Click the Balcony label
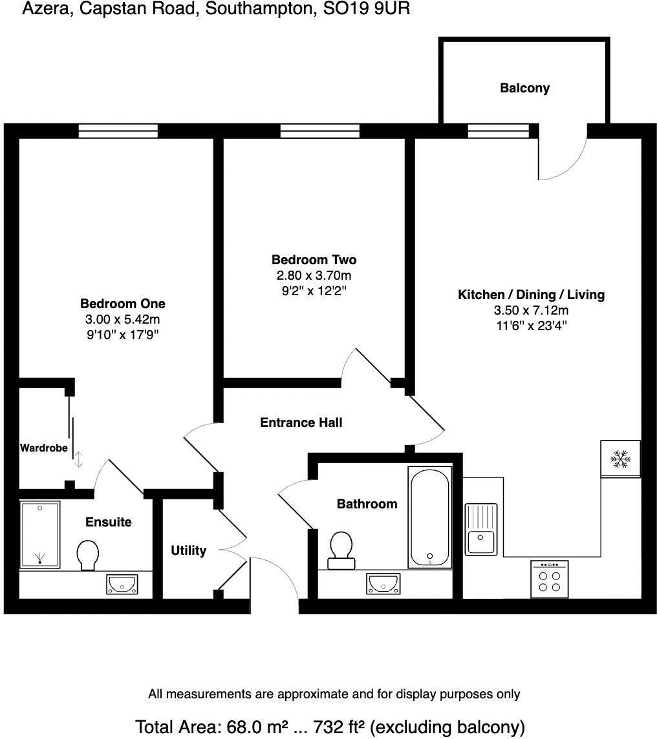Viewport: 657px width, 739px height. (524, 88)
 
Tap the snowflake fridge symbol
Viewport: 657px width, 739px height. (621, 459)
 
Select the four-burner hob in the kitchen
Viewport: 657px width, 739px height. (549, 579)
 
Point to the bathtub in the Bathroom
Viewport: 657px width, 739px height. (429, 517)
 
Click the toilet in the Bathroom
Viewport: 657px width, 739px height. (340, 550)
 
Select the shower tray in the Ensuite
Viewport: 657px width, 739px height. (40, 534)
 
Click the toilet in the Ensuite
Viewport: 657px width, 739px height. (88, 555)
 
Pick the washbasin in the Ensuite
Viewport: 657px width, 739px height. (122, 584)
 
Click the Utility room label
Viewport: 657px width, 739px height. (188, 550)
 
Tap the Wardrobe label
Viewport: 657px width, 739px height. (44, 448)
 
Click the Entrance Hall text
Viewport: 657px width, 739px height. (301, 422)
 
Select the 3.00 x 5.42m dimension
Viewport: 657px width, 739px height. (122, 319)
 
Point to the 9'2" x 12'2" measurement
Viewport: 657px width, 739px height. (314, 291)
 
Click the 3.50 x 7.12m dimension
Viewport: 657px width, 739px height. (531, 310)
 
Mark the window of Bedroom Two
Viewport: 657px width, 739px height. (319, 131)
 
